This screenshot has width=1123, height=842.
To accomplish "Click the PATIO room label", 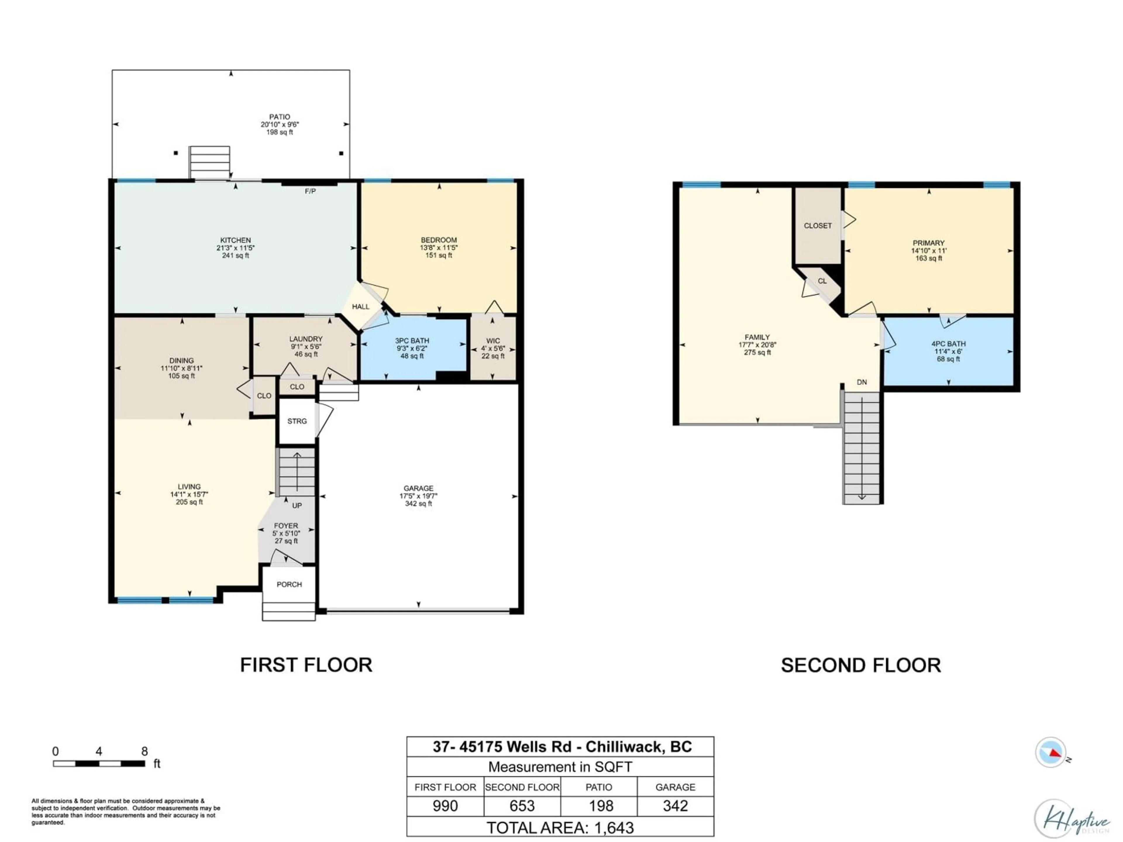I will point(279,117).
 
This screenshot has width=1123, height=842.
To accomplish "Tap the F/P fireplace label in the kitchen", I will point(310,191).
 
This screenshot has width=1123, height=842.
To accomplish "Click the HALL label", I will point(361,307).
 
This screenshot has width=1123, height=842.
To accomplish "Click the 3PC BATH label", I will point(412,341).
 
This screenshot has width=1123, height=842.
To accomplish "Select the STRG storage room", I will point(297,421).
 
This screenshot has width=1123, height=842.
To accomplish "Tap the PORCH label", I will point(289,584).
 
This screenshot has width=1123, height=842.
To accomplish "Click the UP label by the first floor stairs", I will point(297,505).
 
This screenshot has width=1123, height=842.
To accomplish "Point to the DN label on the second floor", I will point(862,382).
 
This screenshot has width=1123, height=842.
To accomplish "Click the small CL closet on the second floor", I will point(822,281).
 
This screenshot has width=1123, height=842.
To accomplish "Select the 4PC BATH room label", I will point(948,344).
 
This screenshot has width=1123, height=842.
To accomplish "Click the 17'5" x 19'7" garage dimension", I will point(418,496).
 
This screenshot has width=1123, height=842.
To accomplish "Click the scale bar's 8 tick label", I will point(145,751).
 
